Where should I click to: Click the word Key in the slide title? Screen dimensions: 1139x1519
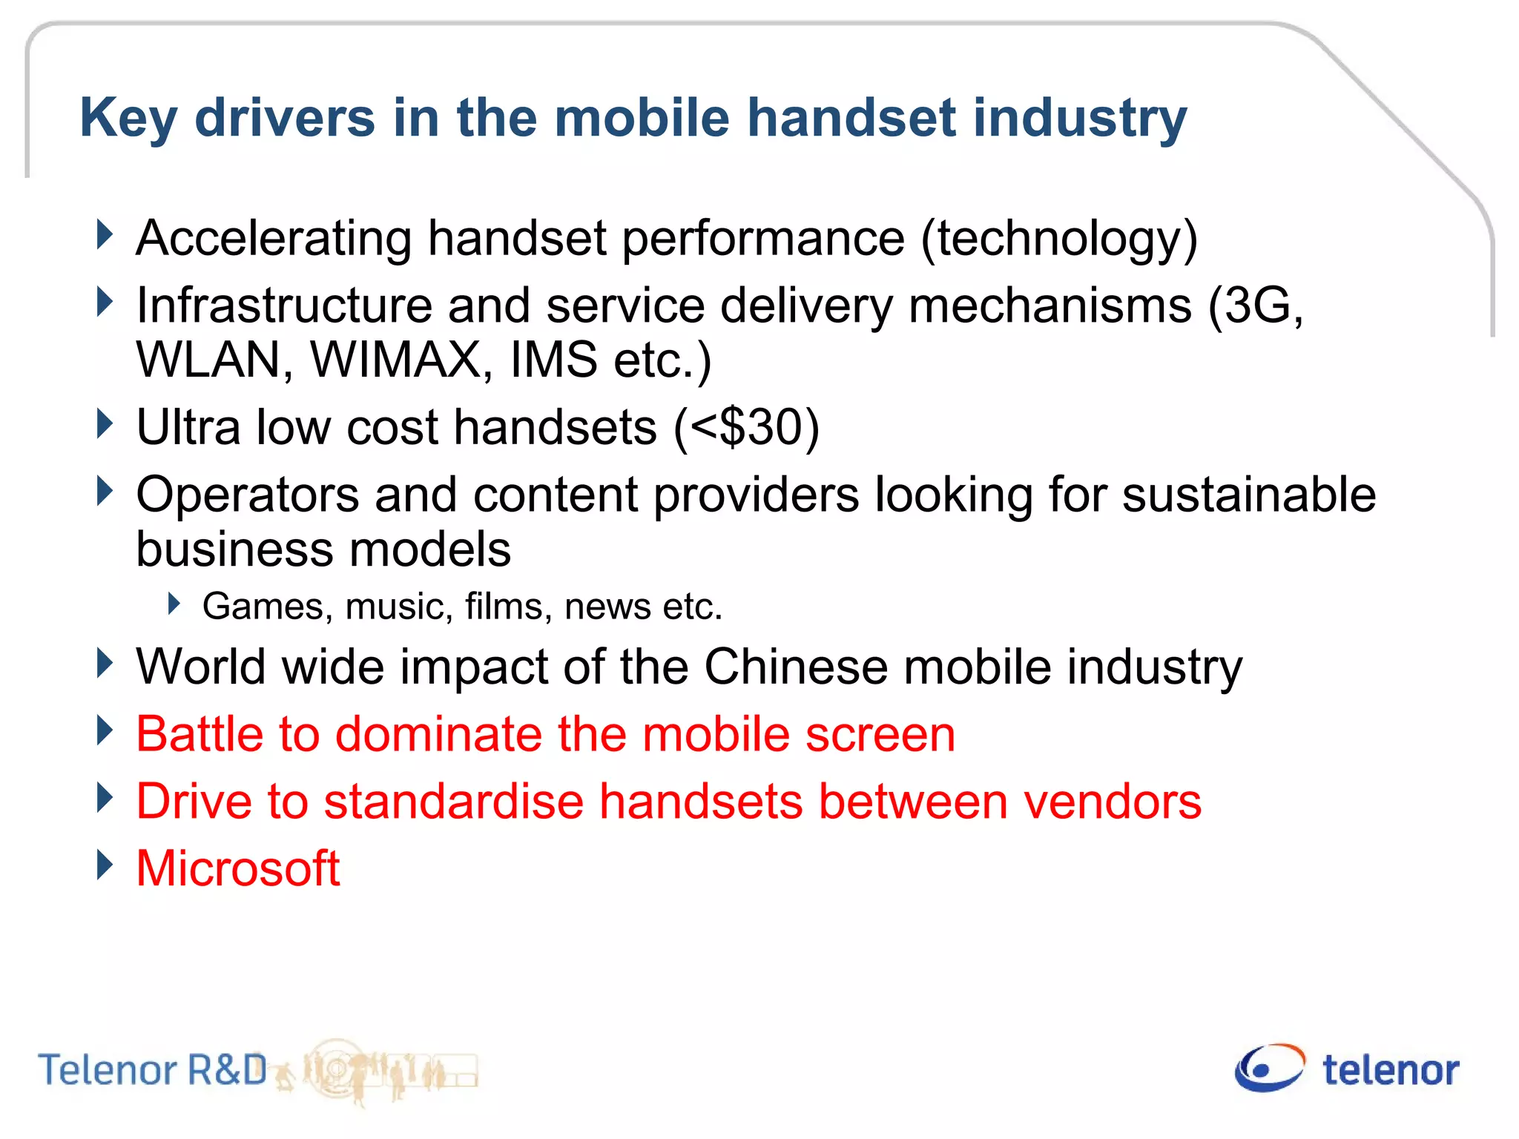128,119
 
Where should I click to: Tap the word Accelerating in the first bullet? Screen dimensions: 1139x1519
274,239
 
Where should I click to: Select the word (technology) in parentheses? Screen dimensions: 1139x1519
1059,239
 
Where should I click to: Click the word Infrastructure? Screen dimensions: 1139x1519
284,306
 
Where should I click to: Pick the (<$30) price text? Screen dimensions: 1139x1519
746,428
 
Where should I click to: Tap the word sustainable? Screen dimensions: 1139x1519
1248,495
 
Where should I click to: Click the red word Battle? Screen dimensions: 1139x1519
200,734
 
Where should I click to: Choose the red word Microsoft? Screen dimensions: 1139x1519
238,868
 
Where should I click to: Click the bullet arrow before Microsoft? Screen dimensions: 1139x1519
105,865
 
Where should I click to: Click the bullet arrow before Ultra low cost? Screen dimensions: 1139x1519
105,424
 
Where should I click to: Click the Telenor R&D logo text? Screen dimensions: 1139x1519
152,1070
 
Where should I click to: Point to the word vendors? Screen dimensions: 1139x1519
1112,802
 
